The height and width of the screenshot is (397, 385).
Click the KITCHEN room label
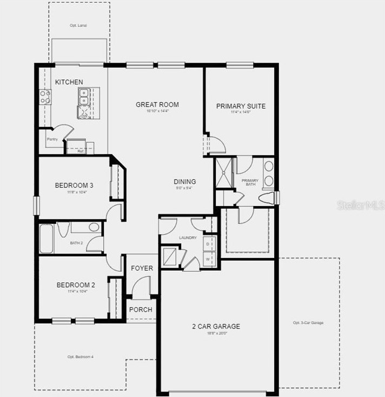pos(69,82)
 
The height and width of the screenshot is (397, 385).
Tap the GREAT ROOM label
pos(157,105)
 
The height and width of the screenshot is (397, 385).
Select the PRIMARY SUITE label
pos(241,106)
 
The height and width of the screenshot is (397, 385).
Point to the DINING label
pos(185,182)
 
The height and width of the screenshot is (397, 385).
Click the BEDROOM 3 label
pos(75,186)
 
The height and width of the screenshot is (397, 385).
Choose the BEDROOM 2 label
pos(76,285)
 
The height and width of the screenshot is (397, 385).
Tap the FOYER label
pos(142,268)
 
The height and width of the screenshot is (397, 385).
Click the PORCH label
pos(141,310)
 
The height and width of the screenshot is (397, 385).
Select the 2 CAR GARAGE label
pos(216,326)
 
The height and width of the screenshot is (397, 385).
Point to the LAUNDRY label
pos(188,238)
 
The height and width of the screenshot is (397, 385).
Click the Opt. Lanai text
pos(79,25)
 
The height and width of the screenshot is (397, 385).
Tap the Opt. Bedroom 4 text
pos(81,357)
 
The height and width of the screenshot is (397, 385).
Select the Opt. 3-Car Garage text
pos(308,323)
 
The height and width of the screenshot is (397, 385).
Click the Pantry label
pos(52,139)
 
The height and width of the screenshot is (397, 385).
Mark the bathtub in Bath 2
pos(47,239)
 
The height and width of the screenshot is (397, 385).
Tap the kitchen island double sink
pos(84,97)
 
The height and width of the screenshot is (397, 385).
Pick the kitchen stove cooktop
pos(45,97)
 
